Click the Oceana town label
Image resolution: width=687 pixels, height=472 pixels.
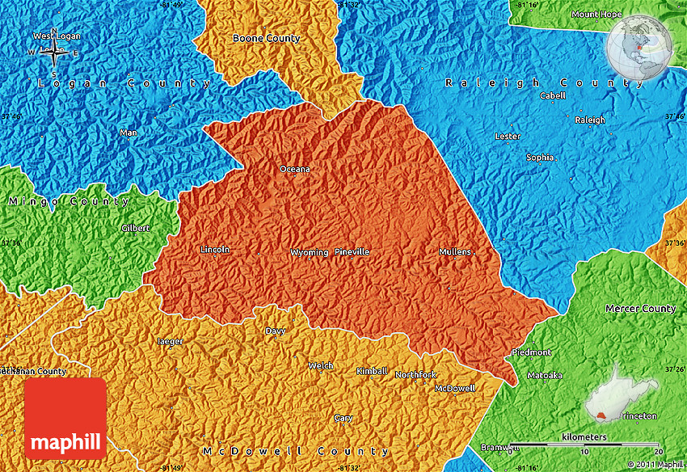point(294,169)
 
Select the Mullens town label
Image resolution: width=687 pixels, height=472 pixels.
point(455,252)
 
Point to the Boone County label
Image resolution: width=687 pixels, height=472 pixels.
point(266,38)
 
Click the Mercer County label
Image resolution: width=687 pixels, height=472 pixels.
point(640,309)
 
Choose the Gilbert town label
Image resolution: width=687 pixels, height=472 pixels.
point(135,228)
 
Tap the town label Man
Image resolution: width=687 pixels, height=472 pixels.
point(128,133)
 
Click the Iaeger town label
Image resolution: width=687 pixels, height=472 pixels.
point(170,341)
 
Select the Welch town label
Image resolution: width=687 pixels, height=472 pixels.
point(321,365)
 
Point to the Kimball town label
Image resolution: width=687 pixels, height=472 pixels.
point(372,371)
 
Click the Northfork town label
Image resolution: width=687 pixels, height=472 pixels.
point(415,374)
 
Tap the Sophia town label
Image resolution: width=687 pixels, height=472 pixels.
point(540,158)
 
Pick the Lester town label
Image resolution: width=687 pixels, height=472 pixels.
point(508,136)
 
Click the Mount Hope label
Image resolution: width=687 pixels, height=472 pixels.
point(596,14)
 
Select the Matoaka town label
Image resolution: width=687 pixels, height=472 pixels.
point(544,375)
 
